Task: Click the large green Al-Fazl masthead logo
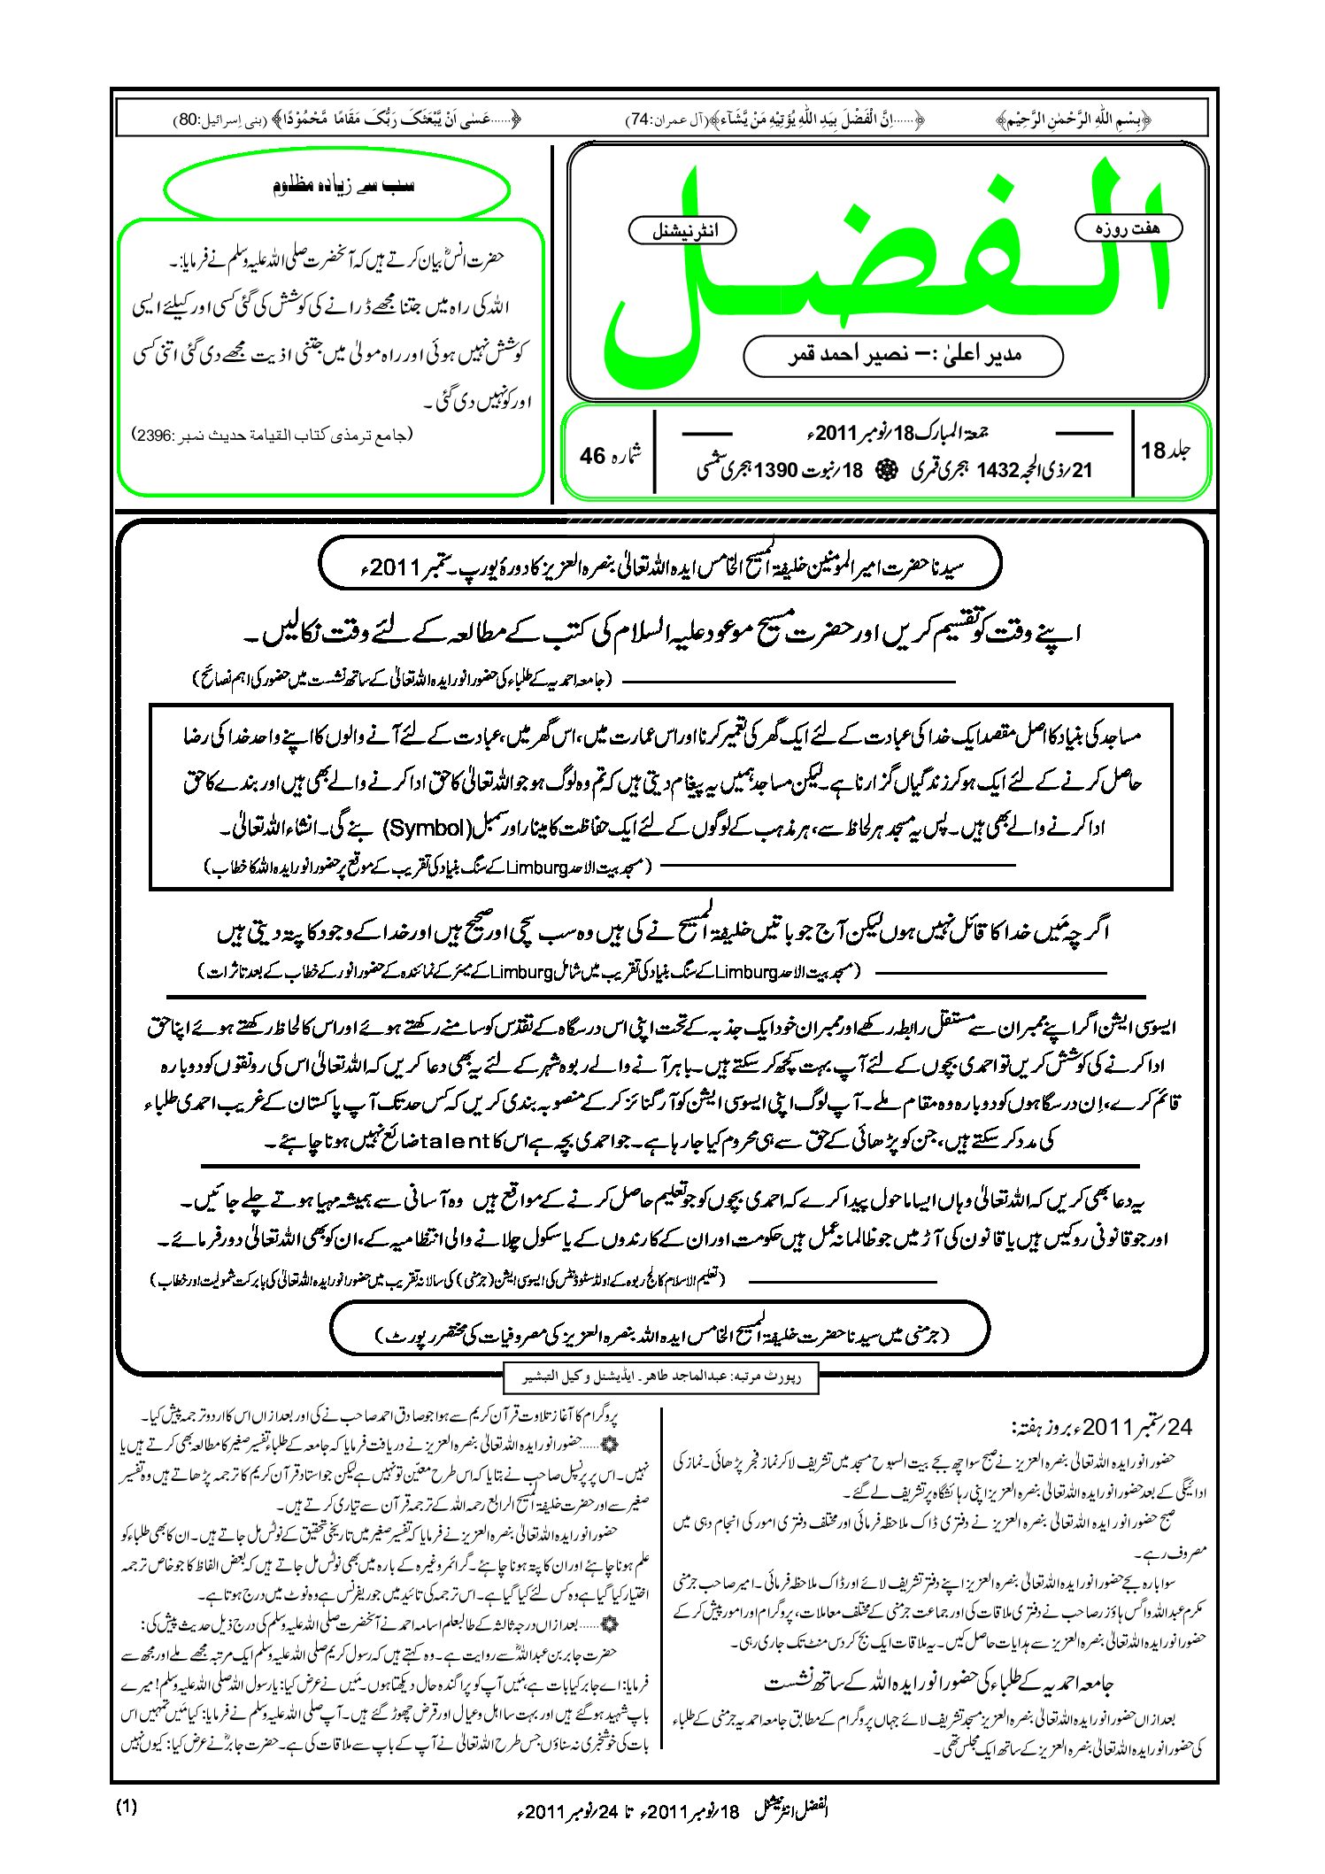pyautogui.click(x=885, y=266)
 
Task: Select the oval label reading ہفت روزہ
pyautogui.click(x=1129, y=228)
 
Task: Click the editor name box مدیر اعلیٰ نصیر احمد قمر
pyautogui.click(x=903, y=356)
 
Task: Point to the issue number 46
pyautogui.click(x=592, y=456)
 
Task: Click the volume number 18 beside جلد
pyautogui.click(x=1153, y=451)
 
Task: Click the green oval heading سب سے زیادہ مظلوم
pyautogui.click(x=337, y=187)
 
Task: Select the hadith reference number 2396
pyautogui.click(x=155, y=436)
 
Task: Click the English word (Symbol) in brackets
pyautogui.click(x=428, y=829)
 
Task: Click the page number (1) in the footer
pyautogui.click(x=127, y=1808)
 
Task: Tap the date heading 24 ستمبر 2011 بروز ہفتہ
pyautogui.click(x=1104, y=1427)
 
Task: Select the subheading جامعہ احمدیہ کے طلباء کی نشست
pyautogui.click(x=938, y=1683)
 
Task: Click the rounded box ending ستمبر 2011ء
pyautogui.click(x=659, y=565)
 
